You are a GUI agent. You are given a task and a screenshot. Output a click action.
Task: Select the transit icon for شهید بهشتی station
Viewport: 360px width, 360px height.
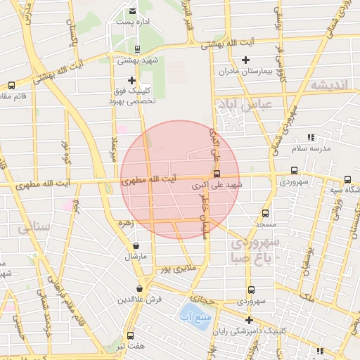click(x=136, y=49)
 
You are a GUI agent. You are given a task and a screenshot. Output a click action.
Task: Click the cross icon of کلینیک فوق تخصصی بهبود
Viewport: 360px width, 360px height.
click(x=131, y=80)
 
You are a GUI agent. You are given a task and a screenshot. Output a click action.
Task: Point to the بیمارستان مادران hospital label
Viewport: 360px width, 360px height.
click(x=245, y=72)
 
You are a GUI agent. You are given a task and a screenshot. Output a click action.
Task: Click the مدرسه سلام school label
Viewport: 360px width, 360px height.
click(x=311, y=149)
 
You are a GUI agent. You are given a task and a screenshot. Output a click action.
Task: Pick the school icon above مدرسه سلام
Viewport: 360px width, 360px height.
click(x=311, y=138)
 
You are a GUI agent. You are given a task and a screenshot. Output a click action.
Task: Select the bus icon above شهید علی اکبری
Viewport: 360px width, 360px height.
click(x=216, y=174)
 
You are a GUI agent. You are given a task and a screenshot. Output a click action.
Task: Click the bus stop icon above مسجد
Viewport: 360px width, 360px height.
click(x=265, y=213)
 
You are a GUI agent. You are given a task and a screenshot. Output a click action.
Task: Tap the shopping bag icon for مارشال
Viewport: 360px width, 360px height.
click(x=136, y=245)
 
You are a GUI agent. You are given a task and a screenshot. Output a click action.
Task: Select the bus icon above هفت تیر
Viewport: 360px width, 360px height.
click(x=130, y=335)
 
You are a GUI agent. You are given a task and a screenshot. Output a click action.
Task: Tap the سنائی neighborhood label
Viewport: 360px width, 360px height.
click(x=34, y=228)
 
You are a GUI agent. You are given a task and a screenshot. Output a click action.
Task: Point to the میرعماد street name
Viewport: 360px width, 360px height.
click(x=113, y=147)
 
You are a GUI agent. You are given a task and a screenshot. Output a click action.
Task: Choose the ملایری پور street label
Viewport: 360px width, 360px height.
click(x=174, y=269)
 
